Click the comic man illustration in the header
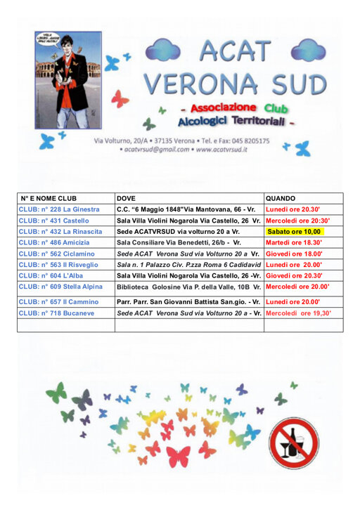[x=68, y=79]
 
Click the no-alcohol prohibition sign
[x=294, y=442]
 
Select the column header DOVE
[x=127, y=199]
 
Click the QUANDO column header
[x=281, y=199]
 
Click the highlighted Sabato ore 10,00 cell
[x=295, y=231]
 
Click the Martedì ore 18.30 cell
[x=294, y=242]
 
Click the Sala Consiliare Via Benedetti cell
[x=179, y=242]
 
